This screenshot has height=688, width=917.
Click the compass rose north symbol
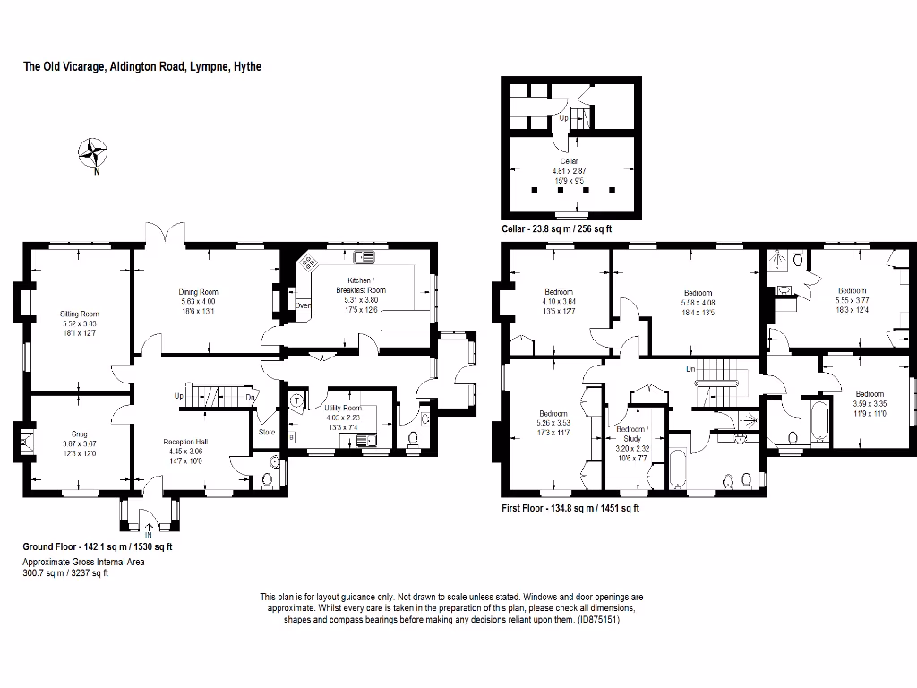[x=92, y=153]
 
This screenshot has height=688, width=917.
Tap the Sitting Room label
[x=78, y=314]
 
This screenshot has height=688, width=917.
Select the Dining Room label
[x=198, y=292]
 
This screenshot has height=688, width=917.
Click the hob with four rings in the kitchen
[x=310, y=263]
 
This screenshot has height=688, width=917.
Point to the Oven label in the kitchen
[x=303, y=305]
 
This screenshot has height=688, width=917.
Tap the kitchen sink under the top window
[x=364, y=259]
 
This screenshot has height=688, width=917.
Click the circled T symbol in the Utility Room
[x=296, y=400]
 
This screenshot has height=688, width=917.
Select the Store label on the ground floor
[x=267, y=432]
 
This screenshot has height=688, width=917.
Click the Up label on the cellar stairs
[x=563, y=117]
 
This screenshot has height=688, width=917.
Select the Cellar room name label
[x=570, y=161]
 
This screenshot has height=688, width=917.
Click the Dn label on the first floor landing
[x=690, y=369]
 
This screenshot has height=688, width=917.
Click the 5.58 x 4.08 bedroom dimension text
[x=698, y=303]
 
